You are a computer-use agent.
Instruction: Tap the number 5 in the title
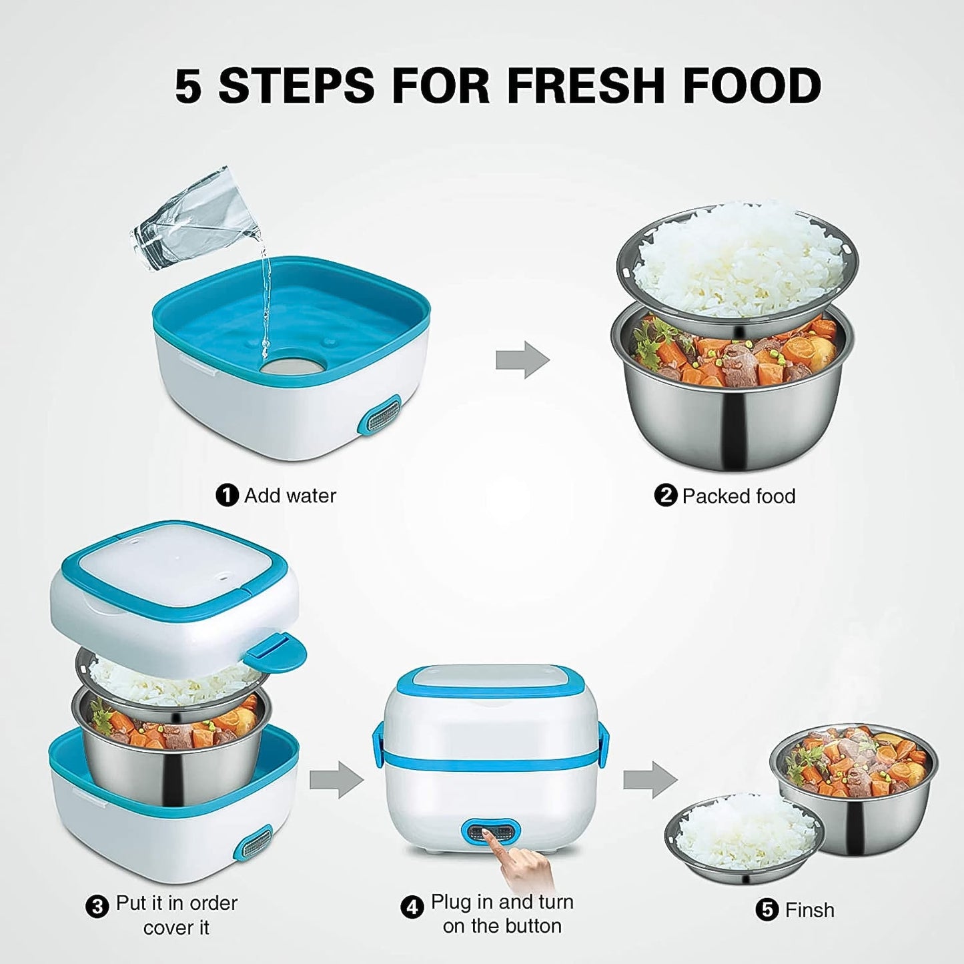(188, 86)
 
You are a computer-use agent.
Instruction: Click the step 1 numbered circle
(227, 496)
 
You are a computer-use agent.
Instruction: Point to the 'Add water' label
(290, 496)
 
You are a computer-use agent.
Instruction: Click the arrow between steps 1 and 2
(522, 360)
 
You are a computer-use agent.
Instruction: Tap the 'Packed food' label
(739, 496)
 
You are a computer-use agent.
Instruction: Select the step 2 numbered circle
(665, 496)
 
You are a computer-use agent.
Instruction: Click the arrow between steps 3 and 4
(336, 779)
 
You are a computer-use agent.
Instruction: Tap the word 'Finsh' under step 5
(809, 910)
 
